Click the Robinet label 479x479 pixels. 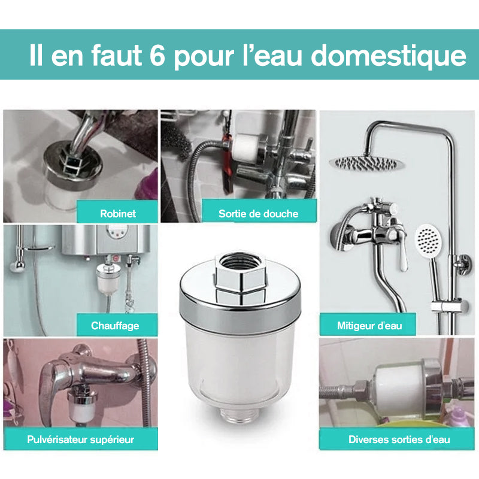coord(117,213)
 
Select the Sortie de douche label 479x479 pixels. coord(258,213)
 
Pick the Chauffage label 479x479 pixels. coord(115,326)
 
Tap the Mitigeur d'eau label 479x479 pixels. coord(369,326)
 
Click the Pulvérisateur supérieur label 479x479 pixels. coord(81,439)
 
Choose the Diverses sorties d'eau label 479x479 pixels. coord(399,439)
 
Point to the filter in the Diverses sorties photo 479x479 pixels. coord(398,387)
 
